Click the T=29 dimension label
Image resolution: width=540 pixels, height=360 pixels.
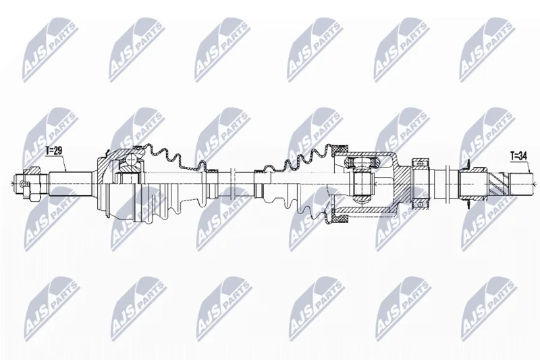coord(54,150)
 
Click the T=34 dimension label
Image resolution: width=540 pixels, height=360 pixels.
coord(518,156)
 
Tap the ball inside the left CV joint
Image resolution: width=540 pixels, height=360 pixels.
coord(131,160)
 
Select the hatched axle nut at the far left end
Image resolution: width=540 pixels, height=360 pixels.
coord(33,170)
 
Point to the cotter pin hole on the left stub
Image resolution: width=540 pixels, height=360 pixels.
coord(23,184)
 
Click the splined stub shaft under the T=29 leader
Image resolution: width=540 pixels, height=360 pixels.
coord(70,184)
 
